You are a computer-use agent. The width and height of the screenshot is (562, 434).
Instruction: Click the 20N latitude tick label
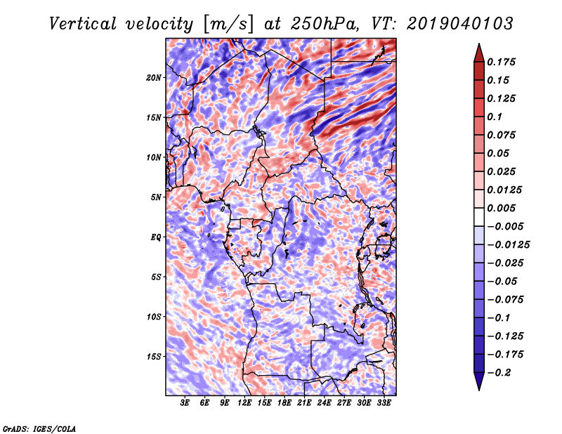click(155, 77)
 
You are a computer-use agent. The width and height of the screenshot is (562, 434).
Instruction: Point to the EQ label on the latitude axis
click(156, 237)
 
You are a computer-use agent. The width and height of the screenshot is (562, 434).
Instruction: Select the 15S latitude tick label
click(155, 357)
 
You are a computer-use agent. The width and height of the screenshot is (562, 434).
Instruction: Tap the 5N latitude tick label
click(156, 197)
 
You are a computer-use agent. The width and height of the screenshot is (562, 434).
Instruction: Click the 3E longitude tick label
click(185, 404)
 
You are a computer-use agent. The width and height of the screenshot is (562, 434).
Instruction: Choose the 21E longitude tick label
click(304, 404)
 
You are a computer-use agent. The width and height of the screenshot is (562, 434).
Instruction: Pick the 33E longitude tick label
click(384, 404)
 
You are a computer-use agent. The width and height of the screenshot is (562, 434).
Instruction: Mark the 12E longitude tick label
click(244, 404)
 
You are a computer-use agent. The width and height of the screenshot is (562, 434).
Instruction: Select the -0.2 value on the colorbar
click(500, 372)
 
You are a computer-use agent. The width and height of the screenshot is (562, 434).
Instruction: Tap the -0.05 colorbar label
click(503, 281)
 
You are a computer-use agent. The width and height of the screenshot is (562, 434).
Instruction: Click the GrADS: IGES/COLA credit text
click(39, 428)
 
